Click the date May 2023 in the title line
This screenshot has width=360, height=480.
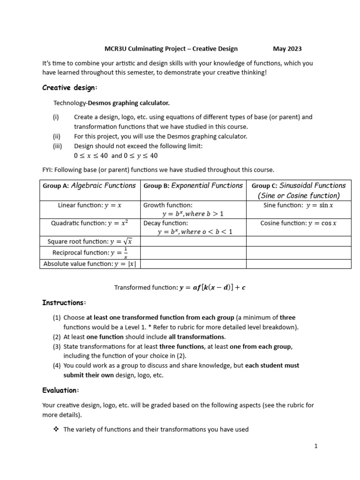(x=287, y=49)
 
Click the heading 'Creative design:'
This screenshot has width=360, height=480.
(x=70, y=88)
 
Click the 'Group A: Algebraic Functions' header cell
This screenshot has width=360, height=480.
(x=89, y=186)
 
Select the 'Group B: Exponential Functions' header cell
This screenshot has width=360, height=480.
(x=193, y=186)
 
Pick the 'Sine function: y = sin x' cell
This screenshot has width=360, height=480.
(x=298, y=205)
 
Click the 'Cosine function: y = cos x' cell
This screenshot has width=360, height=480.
(x=298, y=223)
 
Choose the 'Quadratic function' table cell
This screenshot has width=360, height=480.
(x=89, y=223)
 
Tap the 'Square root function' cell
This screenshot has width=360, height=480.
(x=90, y=241)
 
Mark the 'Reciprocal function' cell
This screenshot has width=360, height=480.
(x=90, y=253)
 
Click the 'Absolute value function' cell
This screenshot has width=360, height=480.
(x=89, y=264)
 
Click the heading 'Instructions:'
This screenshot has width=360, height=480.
(x=64, y=303)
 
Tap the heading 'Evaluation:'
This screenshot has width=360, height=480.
(x=61, y=390)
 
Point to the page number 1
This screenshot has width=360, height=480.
(x=316, y=446)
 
